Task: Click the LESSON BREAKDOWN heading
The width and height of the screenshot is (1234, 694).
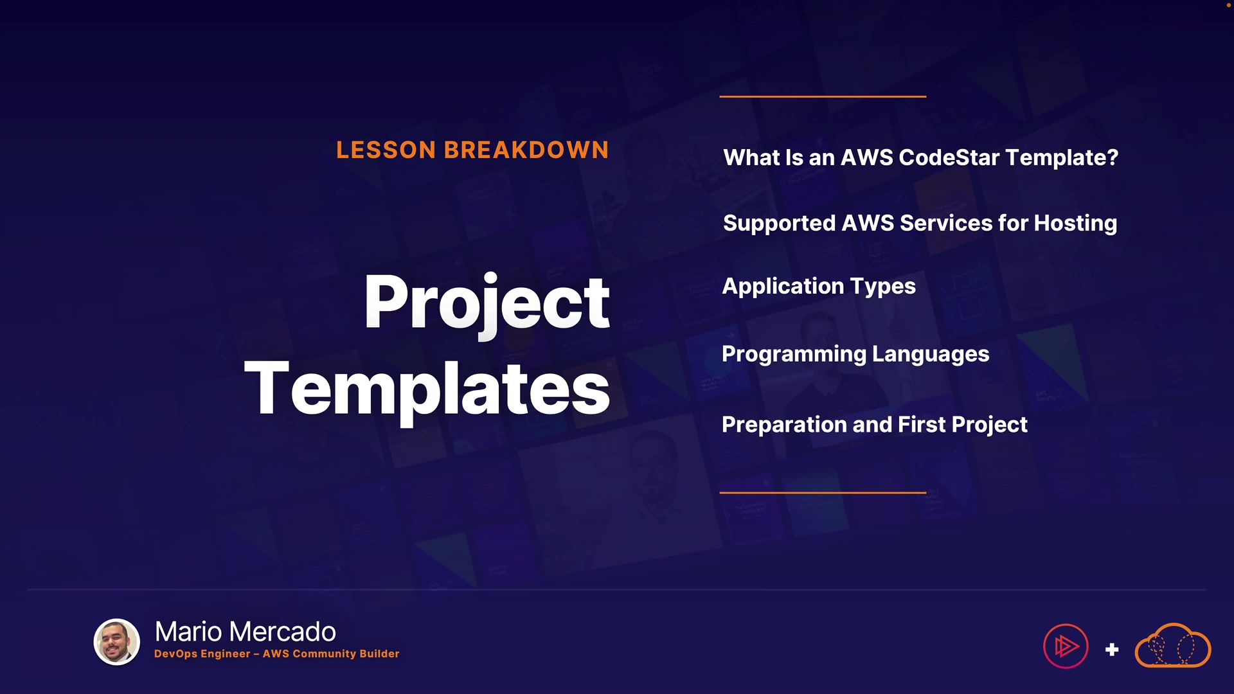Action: [x=472, y=150]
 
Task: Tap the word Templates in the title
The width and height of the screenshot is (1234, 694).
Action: [x=427, y=390]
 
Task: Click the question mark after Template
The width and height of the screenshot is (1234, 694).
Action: [x=1113, y=157]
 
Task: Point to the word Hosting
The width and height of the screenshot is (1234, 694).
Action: [x=1075, y=224]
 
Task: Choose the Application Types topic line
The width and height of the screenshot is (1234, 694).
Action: [x=819, y=287]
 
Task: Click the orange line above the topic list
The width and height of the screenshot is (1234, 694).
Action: [x=823, y=96]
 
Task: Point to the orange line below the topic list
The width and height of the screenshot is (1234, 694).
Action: [x=823, y=493]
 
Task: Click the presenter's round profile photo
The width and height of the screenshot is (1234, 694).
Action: [x=117, y=642]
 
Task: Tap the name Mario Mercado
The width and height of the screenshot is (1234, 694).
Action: [x=246, y=632]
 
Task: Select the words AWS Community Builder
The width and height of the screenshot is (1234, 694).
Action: [x=331, y=654]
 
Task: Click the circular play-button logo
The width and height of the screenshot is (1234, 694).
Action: [x=1066, y=646]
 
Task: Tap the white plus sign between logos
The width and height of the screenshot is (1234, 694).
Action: [x=1112, y=650]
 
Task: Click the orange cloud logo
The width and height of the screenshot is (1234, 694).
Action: [x=1173, y=645]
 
